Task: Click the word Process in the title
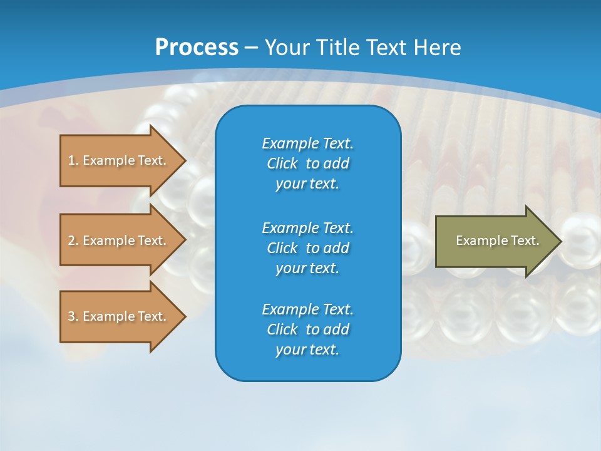[197, 47]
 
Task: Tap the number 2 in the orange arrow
[71, 241]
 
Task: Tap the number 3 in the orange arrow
[71, 316]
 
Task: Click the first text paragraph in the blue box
[307, 163]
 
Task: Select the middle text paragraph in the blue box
[307, 247]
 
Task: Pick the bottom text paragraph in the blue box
[307, 329]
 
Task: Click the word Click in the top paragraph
[282, 163]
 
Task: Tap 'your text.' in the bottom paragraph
[307, 350]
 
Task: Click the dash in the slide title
[251, 48]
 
